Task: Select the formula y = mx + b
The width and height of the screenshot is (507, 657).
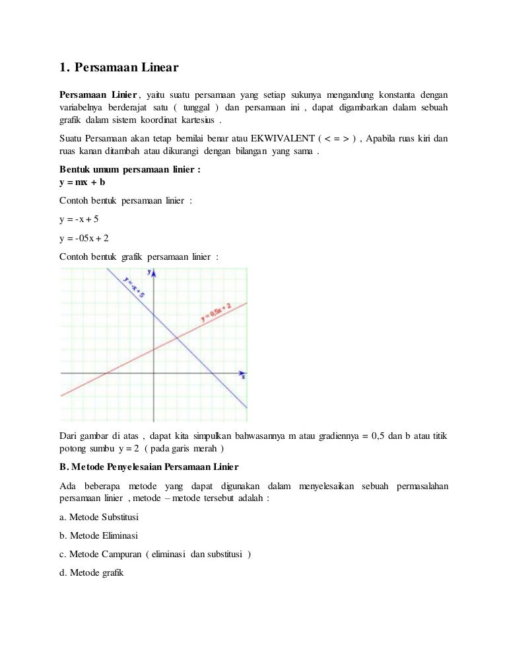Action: click(83, 182)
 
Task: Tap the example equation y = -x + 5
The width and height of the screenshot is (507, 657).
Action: click(79, 219)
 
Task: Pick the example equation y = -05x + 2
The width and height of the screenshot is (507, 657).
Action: click(84, 238)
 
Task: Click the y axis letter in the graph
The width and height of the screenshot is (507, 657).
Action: click(149, 272)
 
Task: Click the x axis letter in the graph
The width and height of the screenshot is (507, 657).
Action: click(243, 377)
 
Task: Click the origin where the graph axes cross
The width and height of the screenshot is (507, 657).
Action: click(153, 373)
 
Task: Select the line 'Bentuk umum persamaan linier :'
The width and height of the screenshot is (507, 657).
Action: click(130, 170)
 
